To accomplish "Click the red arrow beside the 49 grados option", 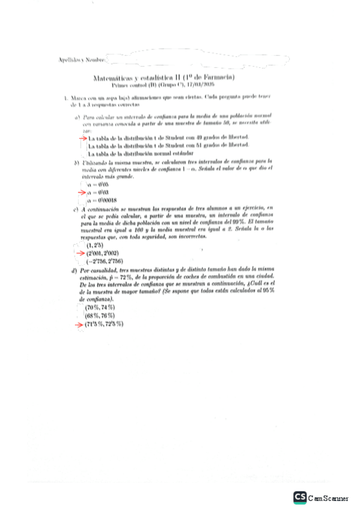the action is (82, 138).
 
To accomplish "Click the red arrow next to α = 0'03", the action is (82, 192).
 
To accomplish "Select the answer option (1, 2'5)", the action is (96, 246).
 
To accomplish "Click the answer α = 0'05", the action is (97, 184).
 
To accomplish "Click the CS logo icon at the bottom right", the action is (300, 497).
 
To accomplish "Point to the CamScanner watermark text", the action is (328, 498).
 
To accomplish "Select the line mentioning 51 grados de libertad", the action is (168, 146).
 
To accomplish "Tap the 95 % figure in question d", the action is (268, 290).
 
